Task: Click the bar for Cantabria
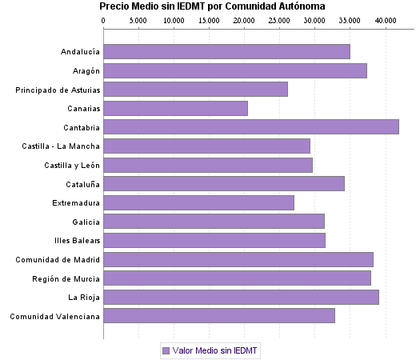point(250,127)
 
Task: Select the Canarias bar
point(175,108)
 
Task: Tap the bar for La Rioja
point(241,297)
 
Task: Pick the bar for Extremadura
point(198,202)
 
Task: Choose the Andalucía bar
point(226,52)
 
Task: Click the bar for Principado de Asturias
point(195,90)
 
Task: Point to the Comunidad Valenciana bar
point(218,316)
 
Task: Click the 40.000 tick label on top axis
point(385,19)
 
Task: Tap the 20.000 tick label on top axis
point(244,19)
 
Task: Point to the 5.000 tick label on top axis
point(138,19)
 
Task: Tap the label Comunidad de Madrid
point(58,260)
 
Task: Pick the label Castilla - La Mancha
point(61,146)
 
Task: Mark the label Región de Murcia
point(66,278)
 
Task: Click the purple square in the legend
point(166,350)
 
